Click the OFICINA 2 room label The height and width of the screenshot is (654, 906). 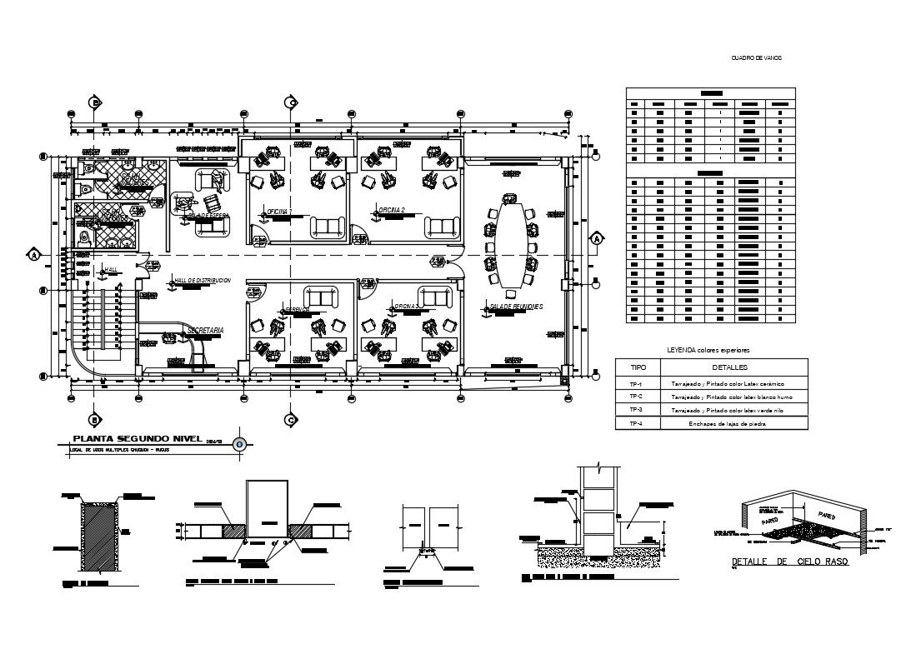pos(391,210)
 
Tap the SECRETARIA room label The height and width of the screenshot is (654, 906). pos(205,331)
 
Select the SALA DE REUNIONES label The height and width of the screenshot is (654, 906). pos(516,307)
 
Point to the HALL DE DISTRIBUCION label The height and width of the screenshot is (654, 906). pos(202,281)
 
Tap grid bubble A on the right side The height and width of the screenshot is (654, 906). pos(597,240)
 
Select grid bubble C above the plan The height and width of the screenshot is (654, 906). pos(291,102)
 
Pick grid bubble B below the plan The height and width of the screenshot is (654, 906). pos(95,420)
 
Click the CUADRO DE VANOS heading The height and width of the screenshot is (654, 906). pos(756,57)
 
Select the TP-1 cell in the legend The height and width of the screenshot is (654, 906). pos(636,383)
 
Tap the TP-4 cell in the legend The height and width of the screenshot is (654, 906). pos(636,423)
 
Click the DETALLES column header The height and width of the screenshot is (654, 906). pos(730,367)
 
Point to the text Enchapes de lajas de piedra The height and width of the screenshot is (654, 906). pos(730,423)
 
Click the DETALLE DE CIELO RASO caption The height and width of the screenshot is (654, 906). pos(789,562)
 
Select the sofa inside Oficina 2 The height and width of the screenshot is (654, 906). pos(440,226)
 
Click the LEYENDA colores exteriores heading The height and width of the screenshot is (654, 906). pos(709,350)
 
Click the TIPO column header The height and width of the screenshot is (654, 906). pos(637,367)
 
